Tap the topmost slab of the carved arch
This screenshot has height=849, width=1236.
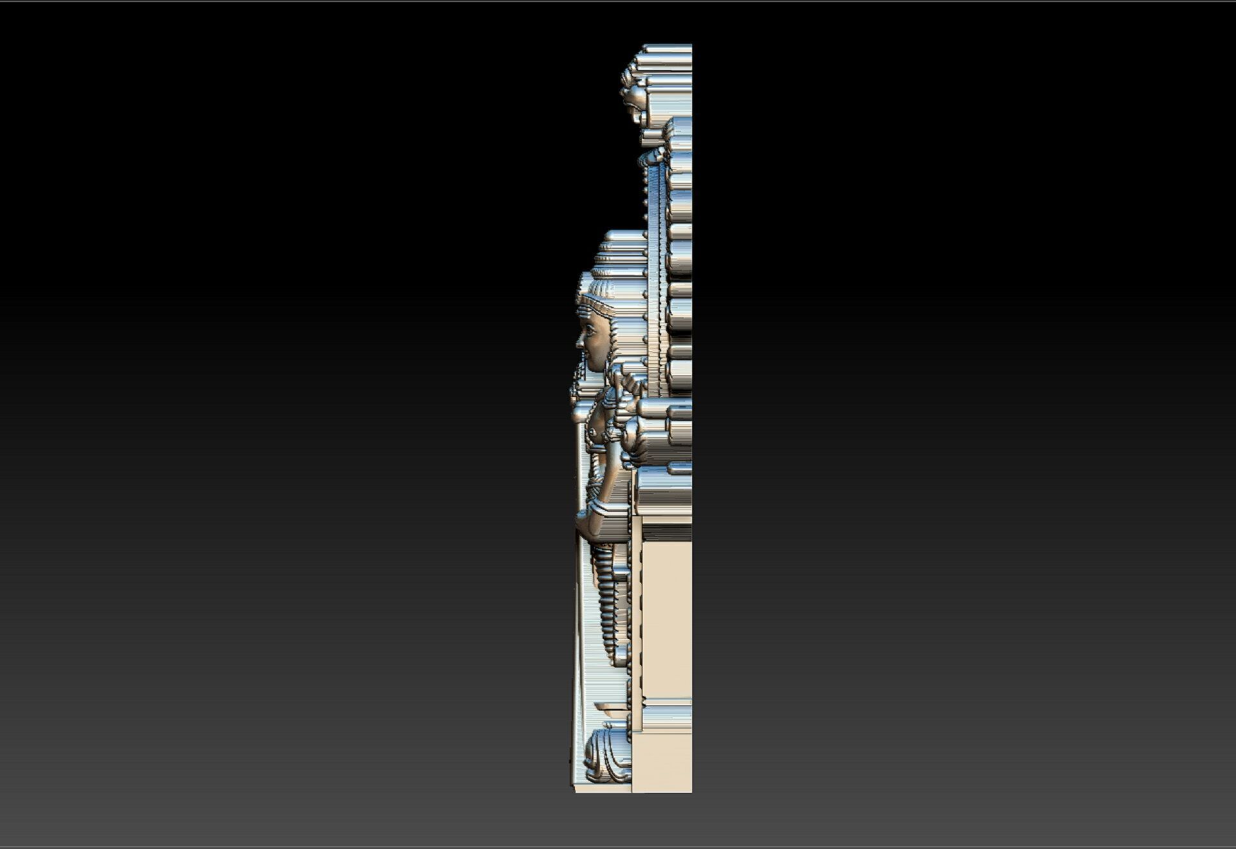(666, 49)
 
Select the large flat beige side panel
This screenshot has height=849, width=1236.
(666, 618)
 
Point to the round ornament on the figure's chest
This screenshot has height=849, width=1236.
(592, 431)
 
